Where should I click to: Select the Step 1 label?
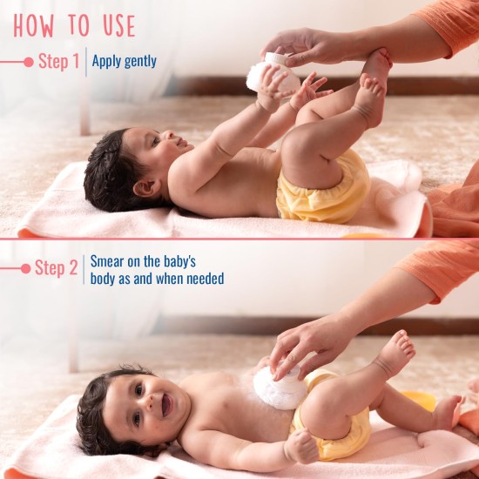58,62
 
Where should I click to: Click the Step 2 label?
57,268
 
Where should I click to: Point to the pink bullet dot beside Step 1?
28,62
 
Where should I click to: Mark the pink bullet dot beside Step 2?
26,268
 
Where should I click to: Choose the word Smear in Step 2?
107,260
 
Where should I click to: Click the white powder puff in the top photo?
266,73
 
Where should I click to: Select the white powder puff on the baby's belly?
280,388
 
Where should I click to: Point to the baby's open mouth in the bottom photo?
165,403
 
